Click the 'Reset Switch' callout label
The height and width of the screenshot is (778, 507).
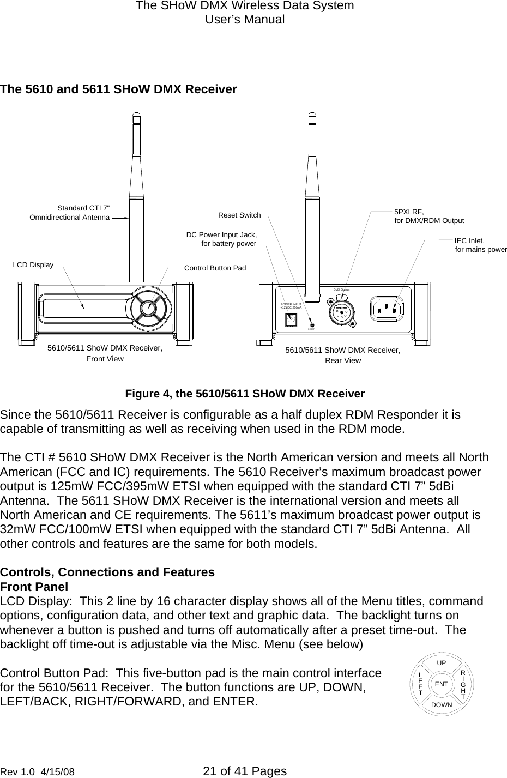tap(239, 215)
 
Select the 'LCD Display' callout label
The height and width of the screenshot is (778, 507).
tap(33, 265)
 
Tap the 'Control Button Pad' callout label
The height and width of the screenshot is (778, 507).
tap(215, 268)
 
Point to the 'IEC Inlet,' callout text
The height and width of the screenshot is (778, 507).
tap(469, 240)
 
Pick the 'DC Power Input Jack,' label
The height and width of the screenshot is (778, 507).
tap(221, 234)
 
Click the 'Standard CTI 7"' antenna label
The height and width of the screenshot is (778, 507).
tap(83, 208)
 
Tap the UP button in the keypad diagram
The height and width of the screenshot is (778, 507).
tap(442, 663)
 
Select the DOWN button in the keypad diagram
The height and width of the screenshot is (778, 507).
tap(442, 705)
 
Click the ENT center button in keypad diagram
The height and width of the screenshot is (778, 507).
tap(442, 684)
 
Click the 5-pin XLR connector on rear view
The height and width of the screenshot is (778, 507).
tap(341, 312)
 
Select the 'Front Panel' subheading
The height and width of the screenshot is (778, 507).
tap(34, 587)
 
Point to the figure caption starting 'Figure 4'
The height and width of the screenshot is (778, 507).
tap(245, 394)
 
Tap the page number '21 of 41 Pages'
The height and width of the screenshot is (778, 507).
tap(244, 771)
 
